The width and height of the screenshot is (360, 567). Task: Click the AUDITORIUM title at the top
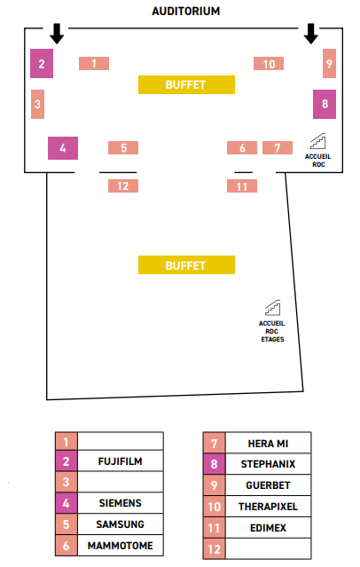pyautogui.click(x=186, y=12)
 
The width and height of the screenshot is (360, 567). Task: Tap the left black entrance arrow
pyautogui.click(x=57, y=34)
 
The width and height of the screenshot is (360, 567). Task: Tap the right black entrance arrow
pyautogui.click(x=311, y=34)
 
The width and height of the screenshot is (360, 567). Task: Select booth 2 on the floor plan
pyautogui.click(x=42, y=63)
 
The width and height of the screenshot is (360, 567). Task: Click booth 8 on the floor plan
pyautogui.click(x=325, y=104)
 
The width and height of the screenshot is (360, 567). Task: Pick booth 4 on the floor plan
pyautogui.click(x=63, y=148)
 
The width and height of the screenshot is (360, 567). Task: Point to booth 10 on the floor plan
pyautogui.click(x=269, y=64)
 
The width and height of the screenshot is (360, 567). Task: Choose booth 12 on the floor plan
pyautogui.click(x=123, y=185)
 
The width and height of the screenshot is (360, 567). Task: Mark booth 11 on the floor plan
pyautogui.click(x=242, y=185)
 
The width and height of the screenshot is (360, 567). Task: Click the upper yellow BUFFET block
pyautogui.click(x=186, y=84)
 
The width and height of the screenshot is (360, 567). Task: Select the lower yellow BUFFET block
pyautogui.click(x=186, y=265)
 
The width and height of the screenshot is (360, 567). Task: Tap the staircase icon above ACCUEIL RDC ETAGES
pyautogui.click(x=272, y=308)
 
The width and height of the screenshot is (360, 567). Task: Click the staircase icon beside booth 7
pyautogui.click(x=318, y=141)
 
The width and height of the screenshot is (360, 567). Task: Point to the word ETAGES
pyautogui.click(x=272, y=339)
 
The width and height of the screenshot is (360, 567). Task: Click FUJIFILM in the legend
pyautogui.click(x=120, y=461)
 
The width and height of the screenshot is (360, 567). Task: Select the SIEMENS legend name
pyautogui.click(x=120, y=502)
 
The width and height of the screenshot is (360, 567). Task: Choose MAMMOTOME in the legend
pyautogui.click(x=120, y=546)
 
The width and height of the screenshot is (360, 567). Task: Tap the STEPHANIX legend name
pyautogui.click(x=268, y=464)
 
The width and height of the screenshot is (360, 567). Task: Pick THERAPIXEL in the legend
pyautogui.click(x=268, y=507)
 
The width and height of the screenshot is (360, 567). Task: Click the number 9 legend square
pyautogui.click(x=214, y=484)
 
